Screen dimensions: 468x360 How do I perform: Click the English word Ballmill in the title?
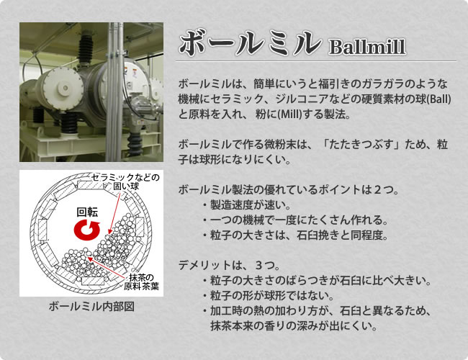pyautogui.click(x=367, y=48)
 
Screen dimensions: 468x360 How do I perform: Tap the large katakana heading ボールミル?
pyautogui.click(x=250, y=42)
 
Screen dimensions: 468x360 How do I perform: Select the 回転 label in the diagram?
pyautogui.click(x=87, y=212)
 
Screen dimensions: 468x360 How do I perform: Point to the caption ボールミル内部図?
pyautogui.click(x=91, y=307)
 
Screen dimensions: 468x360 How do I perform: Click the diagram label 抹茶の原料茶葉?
pyautogui.click(x=141, y=282)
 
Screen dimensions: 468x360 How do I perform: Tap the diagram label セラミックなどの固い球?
pyautogui.click(x=126, y=182)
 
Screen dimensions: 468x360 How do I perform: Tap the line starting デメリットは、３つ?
pyautogui.click(x=229, y=265)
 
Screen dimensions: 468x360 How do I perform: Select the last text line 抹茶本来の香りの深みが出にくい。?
pyautogui.click(x=294, y=325)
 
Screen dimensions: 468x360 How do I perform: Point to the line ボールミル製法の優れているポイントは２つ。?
pyautogui.click(x=289, y=189)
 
